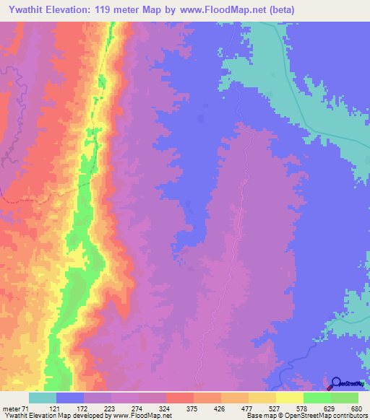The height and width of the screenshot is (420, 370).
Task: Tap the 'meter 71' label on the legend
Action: [14, 408]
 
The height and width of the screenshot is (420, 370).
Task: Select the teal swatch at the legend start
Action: [42, 398]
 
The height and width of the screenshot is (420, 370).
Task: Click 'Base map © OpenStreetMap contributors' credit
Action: [307, 416]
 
